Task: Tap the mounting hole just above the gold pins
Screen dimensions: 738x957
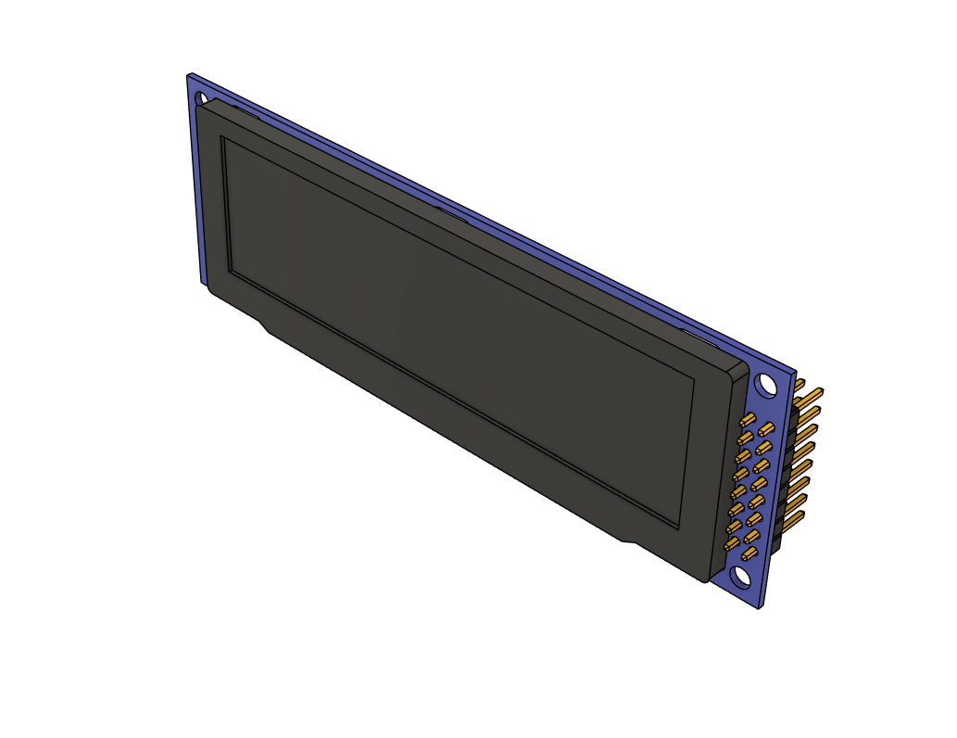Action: (x=765, y=383)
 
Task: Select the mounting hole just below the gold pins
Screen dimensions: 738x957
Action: (x=741, y=577)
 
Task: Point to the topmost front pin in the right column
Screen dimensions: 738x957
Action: (x=765, y=429)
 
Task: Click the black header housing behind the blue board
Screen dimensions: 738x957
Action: (x=787, y=464)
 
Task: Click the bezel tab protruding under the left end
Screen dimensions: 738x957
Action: (x=263, y=325)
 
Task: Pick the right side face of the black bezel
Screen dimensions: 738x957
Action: (x=726, y=473)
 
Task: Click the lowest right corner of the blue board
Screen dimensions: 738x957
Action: (x=762, y=607)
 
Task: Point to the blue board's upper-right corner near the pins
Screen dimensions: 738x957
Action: (x=795, y=373)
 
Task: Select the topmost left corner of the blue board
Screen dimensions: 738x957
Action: (x=188, y=73)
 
